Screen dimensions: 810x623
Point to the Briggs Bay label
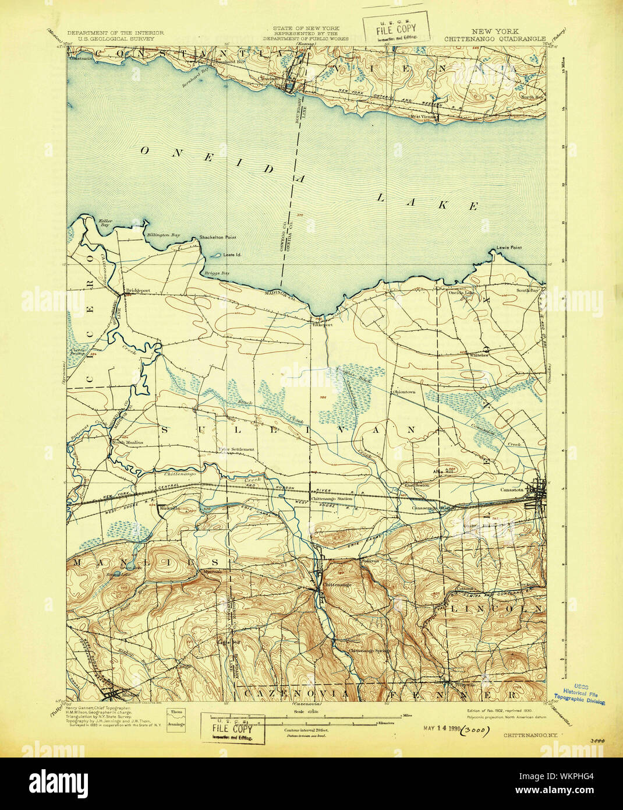click(x=217, y=273)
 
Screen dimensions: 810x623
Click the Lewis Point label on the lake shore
click(x=509, y=248)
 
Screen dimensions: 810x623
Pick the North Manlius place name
click(x=127, y=442)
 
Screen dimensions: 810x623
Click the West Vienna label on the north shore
click(x=423, y=116)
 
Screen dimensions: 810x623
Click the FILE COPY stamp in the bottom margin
click(x=232, y=728)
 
